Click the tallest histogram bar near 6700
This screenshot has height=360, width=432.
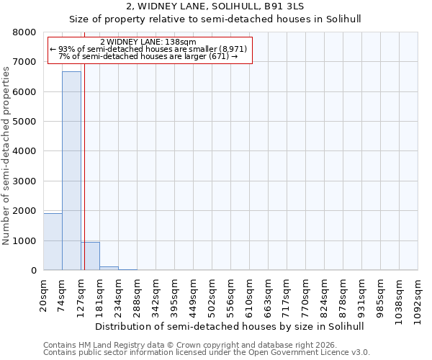tap(71, 171)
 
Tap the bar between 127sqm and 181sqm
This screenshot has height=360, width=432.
tap(90, 256)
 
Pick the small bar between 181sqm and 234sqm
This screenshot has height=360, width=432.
tap(109, 268)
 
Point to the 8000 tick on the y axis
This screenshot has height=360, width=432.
tap(24, 32)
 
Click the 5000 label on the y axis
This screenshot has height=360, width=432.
tap(24, 122)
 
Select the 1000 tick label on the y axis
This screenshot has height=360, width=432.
tap(24, 240)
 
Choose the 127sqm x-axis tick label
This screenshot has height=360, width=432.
tap(81, 295)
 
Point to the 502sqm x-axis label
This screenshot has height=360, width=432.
tap(212, 295)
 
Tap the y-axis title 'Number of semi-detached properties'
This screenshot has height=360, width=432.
tap(7, 151)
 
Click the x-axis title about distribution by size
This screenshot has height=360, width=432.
tap(230, 326)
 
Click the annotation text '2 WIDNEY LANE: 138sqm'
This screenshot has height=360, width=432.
tap(148, 42)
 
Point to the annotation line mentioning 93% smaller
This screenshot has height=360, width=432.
tap(148, 50)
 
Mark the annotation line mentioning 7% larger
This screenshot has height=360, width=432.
tap(148, 56)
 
